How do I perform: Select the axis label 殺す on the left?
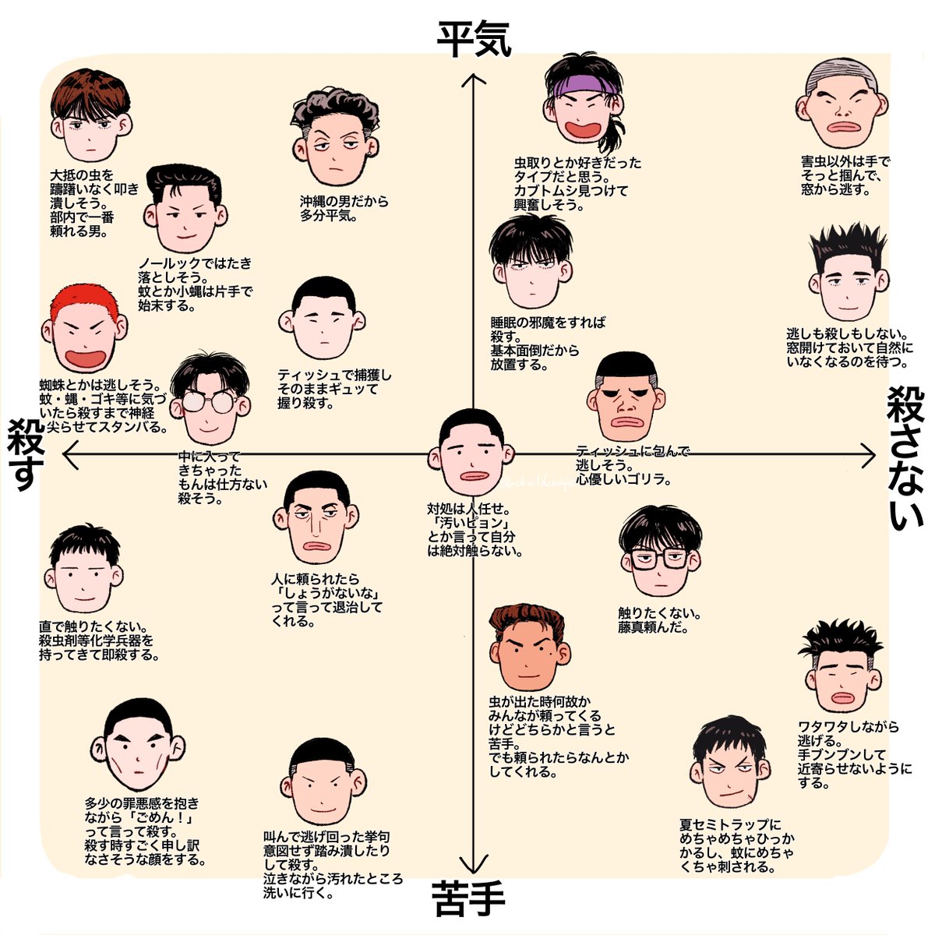coord(25,455)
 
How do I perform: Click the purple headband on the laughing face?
coord(586,84)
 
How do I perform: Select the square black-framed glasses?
coord(659,558)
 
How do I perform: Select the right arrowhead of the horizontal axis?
coord(870,455)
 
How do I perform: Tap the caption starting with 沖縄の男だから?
coord(344,208)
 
